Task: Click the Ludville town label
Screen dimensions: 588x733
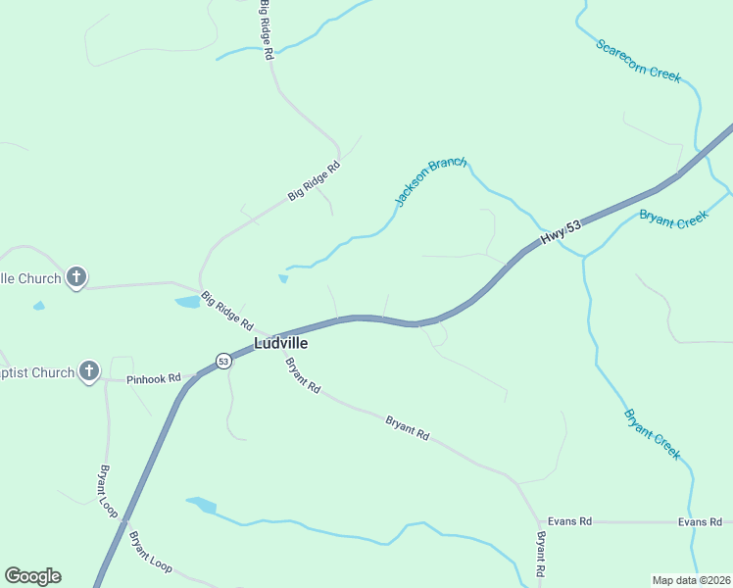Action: click(x=281, y=344)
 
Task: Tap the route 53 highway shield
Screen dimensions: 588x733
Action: click(x=224, y=361)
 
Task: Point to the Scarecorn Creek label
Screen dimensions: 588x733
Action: click(x=638, y=61)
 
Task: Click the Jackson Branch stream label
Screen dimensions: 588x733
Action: click(x=430, y=181)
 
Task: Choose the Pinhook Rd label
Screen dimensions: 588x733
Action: click(x=154, y=378)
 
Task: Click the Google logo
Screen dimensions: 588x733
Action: click(x=32, y=576)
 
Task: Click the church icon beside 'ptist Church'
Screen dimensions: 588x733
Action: click(x=89, y=371)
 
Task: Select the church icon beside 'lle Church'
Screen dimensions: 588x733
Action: click(x=77, y=277)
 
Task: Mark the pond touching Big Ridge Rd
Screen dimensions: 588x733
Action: click(x=187, y=302)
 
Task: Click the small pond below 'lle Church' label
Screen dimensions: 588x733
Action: click(x=38, y=307)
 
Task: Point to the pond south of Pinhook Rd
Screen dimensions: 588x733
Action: click(x=201, y=505)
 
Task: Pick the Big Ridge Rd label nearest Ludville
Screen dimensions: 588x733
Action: click(x=227, y=311)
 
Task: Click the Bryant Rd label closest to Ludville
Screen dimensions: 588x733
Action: click(x=303, y=375)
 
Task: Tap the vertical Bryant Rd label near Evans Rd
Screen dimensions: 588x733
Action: click(x=539, y=554)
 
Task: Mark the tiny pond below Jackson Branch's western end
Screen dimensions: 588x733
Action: click(x=283, y=279)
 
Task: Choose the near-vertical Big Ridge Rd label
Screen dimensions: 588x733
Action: click(x=266, y=31)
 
